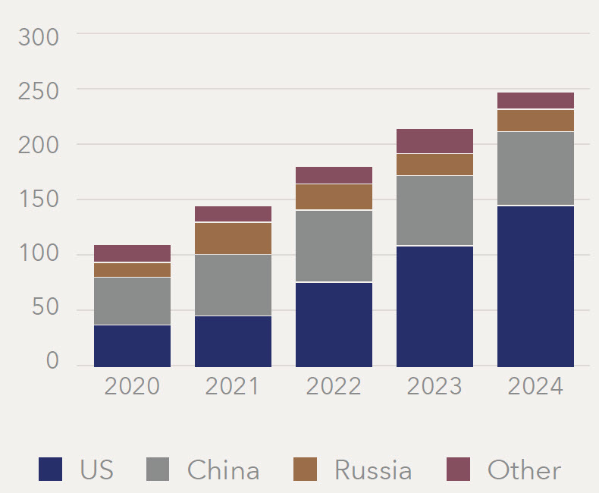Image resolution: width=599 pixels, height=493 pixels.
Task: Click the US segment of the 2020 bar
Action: (x=132, y=346)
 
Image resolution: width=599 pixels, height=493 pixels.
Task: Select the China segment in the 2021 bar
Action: (x=233, y=285)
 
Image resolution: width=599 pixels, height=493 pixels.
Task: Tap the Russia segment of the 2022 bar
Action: (x=334, y=197)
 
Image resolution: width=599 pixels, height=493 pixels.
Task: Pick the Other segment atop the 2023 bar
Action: (x=434, y=141)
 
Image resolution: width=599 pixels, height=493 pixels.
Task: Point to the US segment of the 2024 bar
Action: (x=535, y=286)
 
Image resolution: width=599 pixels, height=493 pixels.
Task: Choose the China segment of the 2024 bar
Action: (x=535, y=168)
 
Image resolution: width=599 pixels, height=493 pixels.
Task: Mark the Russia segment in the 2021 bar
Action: (x=233, y=238)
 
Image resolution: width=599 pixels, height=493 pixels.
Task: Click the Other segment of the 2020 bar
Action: (x=132, y=253)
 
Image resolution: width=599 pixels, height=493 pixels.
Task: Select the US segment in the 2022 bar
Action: (x=334, y=324)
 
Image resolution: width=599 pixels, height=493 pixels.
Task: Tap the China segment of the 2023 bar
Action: (x=434, y=210)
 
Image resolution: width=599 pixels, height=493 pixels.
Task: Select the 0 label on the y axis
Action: (x=52, y=361)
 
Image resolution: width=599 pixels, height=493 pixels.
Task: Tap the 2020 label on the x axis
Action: (x=132, y=386)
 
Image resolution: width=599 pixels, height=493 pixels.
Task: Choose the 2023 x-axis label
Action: (x=434, y=386)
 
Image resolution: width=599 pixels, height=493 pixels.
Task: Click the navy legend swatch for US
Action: (x=50, y=469)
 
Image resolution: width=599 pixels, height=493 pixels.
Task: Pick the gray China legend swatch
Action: (x=157, y=469)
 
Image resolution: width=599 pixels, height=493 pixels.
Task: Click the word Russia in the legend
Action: (x=373, y=470)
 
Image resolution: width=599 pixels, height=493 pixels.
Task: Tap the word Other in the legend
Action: (x=524, y=470)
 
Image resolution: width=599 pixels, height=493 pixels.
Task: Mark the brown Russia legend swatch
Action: (x=305, y=469)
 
